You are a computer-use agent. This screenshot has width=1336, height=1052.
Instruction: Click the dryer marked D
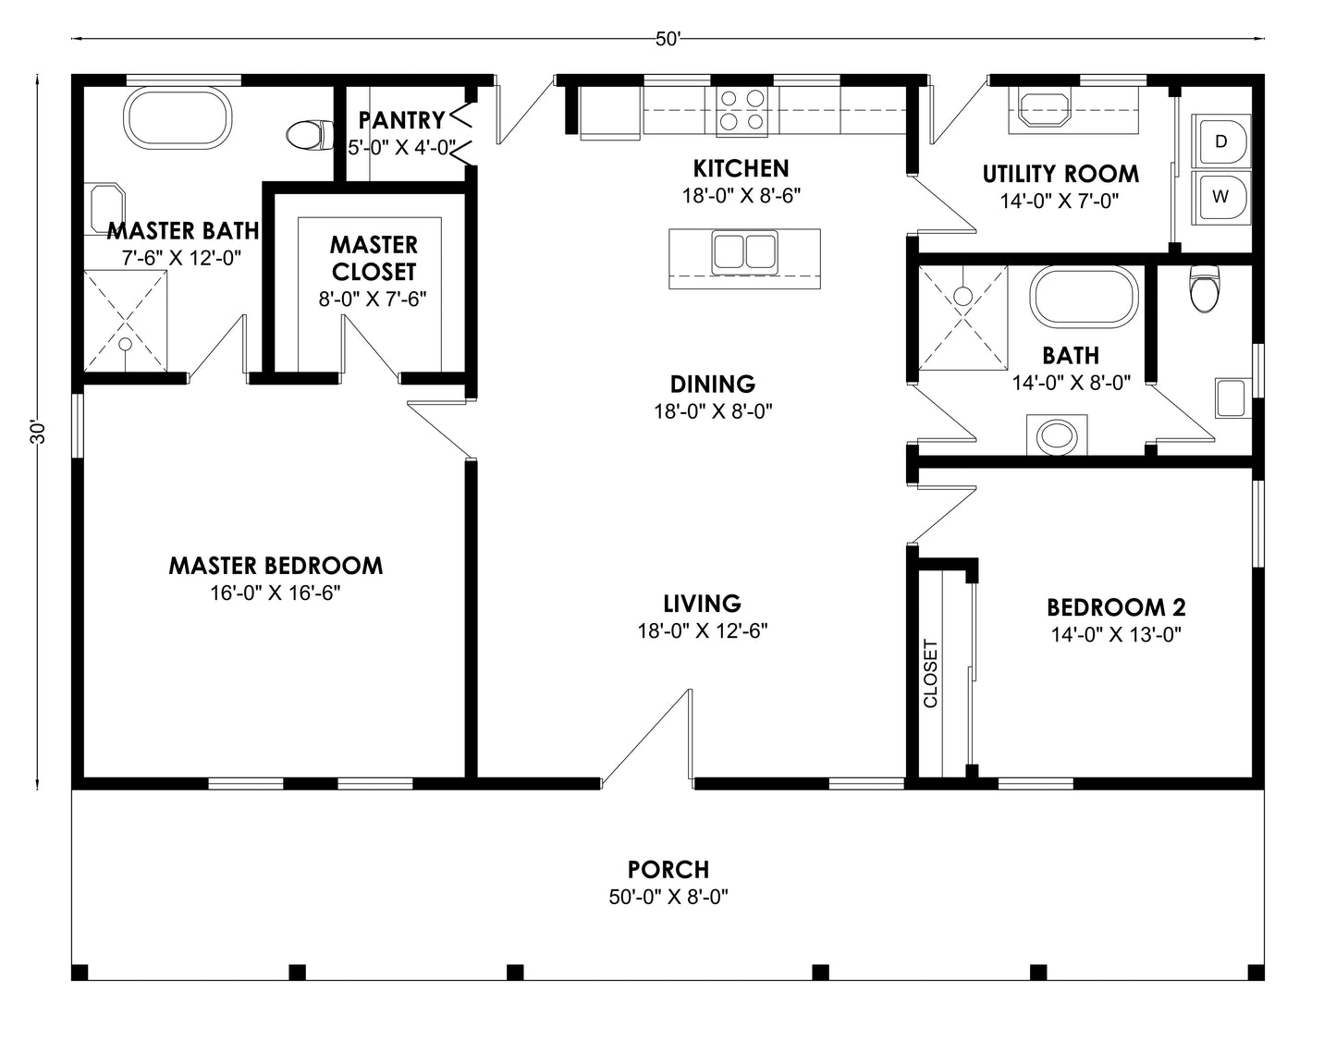(x=1220, y=141)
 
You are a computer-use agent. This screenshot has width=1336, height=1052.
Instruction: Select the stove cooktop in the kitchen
(x=742, y=110)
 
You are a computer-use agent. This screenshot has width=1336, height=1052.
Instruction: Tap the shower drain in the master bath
(x=126, y=344)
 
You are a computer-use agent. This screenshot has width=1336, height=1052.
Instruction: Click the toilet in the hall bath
(x=1204, y=288)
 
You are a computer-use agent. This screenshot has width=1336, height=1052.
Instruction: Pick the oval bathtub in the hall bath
(x=1084, y=297)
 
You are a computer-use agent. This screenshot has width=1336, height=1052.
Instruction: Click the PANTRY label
(x=401, y=119)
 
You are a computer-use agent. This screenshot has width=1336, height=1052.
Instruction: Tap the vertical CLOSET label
(x=931, y=673)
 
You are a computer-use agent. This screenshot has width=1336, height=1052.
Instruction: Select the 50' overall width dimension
(x=668, y=39)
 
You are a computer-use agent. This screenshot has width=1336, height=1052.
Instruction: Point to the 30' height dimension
(x=38, y=433)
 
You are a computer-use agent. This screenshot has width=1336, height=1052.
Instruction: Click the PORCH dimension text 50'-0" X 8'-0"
(x=668, y=897)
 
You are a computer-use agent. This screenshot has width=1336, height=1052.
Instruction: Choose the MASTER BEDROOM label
(x=276, y=566)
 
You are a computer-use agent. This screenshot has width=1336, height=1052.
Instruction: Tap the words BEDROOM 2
(x=1116, y=607)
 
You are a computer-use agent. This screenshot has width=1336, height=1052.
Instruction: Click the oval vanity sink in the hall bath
(x=1057, y=435)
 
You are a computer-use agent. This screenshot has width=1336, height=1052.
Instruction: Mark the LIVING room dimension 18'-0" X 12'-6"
(x=703, y=631)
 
